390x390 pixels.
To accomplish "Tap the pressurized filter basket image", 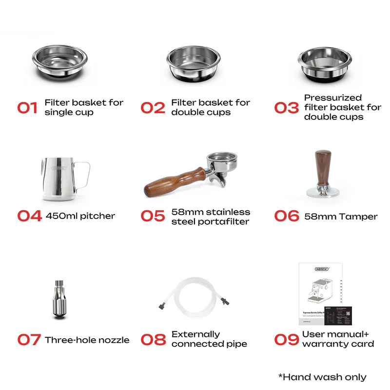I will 325,63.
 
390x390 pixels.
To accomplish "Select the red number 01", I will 28,108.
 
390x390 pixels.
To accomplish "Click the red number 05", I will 153,216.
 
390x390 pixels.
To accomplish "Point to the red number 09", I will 286,339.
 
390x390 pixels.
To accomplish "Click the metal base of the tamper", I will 323,192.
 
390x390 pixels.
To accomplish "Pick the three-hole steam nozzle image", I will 59,300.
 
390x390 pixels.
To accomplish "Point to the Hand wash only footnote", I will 322,376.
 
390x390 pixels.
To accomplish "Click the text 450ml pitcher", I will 80,216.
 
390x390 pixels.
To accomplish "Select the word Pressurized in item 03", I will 333,97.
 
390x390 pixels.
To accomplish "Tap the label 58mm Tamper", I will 341,216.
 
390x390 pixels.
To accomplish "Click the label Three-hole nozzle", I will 87,340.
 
